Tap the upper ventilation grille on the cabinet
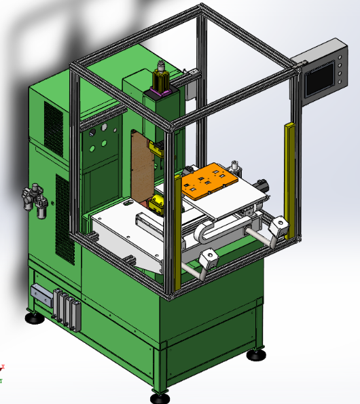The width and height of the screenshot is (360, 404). pos(54,129)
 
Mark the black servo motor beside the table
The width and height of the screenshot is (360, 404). pos(261,186)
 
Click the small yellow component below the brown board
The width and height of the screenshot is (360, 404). pos(158,202)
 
